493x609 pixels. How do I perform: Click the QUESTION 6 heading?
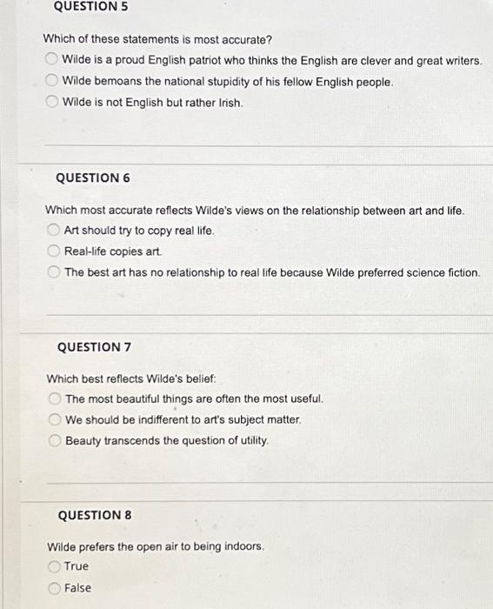[92, 177]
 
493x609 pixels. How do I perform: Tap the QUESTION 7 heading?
[94, 347]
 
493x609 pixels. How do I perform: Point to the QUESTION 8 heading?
[94, 515]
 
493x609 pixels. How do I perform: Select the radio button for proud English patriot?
[51, 60]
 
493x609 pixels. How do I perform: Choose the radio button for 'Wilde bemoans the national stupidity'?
[51, 81]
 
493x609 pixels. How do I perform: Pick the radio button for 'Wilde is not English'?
[51, 102]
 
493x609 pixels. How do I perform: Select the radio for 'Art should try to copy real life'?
[53, 231]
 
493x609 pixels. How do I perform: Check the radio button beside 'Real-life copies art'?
[53, 251]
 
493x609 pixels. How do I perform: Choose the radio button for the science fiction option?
[53, 272]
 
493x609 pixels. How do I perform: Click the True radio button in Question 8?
[54, 565]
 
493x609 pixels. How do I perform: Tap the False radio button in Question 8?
[54, 587]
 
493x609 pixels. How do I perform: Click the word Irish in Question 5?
[229, 103]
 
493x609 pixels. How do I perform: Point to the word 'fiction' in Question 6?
[460, 272]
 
